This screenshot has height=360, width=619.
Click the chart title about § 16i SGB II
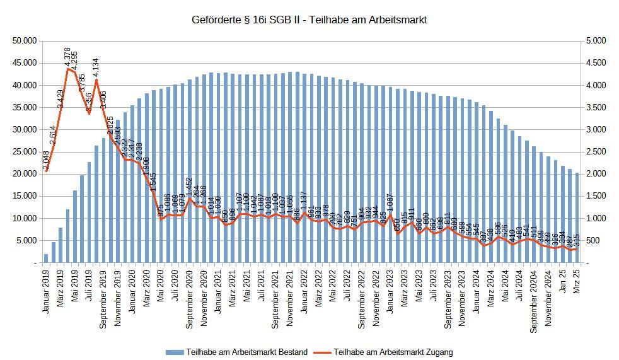(x=309, y=20)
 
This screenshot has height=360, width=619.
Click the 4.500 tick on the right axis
(x=596, y=63)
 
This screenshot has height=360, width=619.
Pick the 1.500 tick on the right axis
(x=596, y=196)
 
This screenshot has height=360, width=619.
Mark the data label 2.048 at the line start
(x=47, y=160)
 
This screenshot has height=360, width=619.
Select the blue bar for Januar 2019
(x=46, y=258)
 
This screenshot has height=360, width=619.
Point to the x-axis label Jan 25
(x=563, y=279)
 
